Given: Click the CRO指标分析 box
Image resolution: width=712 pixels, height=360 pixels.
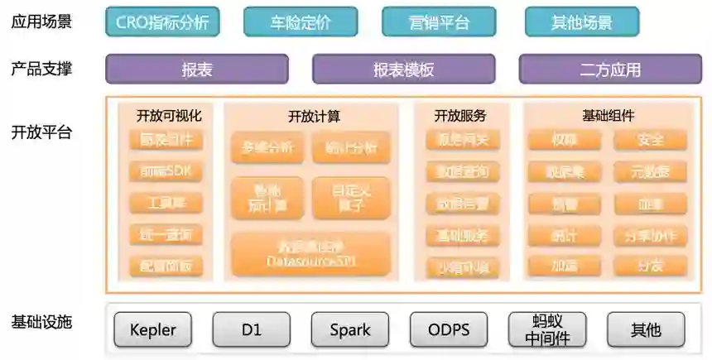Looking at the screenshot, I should click(x=162, y=22).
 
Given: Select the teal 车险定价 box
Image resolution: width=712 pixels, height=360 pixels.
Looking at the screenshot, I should click(x=301, y=22).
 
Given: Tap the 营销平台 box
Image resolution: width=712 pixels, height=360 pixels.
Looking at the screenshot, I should click(x=439, y=22).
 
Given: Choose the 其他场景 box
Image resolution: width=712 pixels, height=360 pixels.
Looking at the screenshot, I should click(x=582, y=22).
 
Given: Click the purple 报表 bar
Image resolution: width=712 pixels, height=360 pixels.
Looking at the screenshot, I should click(x=197, y=70).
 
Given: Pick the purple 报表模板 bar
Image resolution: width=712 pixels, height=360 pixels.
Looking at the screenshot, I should click(x=403, y=70).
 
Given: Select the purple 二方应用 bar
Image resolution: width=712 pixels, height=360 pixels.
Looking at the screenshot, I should click(x=610, y=70).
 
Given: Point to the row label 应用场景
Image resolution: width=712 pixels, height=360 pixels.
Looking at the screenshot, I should click(x=41, y=22).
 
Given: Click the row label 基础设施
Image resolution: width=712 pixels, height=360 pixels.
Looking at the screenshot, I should click(x=41, y=322).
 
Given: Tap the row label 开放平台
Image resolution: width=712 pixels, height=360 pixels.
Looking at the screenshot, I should click(x=41, y=132).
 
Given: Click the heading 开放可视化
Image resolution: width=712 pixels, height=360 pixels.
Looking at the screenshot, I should click(x=169, y=116).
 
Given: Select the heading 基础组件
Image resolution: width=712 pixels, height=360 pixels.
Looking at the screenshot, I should click(x=609, y=116).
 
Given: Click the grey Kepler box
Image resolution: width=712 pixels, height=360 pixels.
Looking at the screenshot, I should click(x=153, y=329).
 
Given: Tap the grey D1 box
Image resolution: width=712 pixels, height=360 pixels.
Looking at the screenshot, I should click(x=252, y=329).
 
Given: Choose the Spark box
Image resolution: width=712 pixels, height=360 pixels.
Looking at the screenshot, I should click(x=350, y=329).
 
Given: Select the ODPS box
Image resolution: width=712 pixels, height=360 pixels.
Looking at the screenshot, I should click(x=449, y=329).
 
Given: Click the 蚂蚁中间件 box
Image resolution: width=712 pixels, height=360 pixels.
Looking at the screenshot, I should click(x=547, y=329).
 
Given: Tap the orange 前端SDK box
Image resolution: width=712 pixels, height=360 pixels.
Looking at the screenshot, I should click(x=166, y=172).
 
